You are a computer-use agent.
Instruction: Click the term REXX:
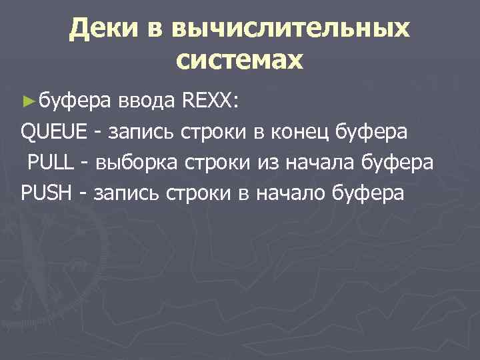pos(205,101)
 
